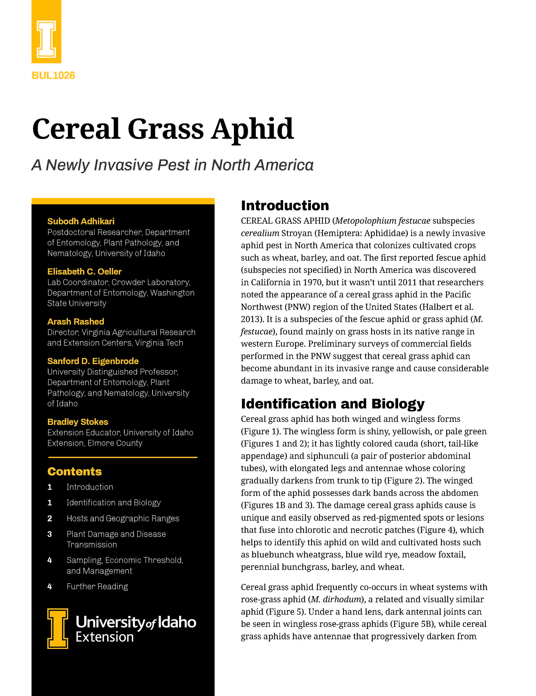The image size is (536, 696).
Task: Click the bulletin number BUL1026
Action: [53, 75]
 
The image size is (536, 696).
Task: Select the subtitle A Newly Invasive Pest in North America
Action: [172, 165]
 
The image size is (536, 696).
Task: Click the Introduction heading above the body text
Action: [285, 206]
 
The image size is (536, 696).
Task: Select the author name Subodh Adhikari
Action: [81, 221]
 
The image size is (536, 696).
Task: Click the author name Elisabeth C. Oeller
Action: [84, 272]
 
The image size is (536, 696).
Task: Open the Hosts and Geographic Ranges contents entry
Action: [123, 519]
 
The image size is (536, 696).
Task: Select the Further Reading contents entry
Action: [97, 586]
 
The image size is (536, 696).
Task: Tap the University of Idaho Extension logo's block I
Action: [58, 629]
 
